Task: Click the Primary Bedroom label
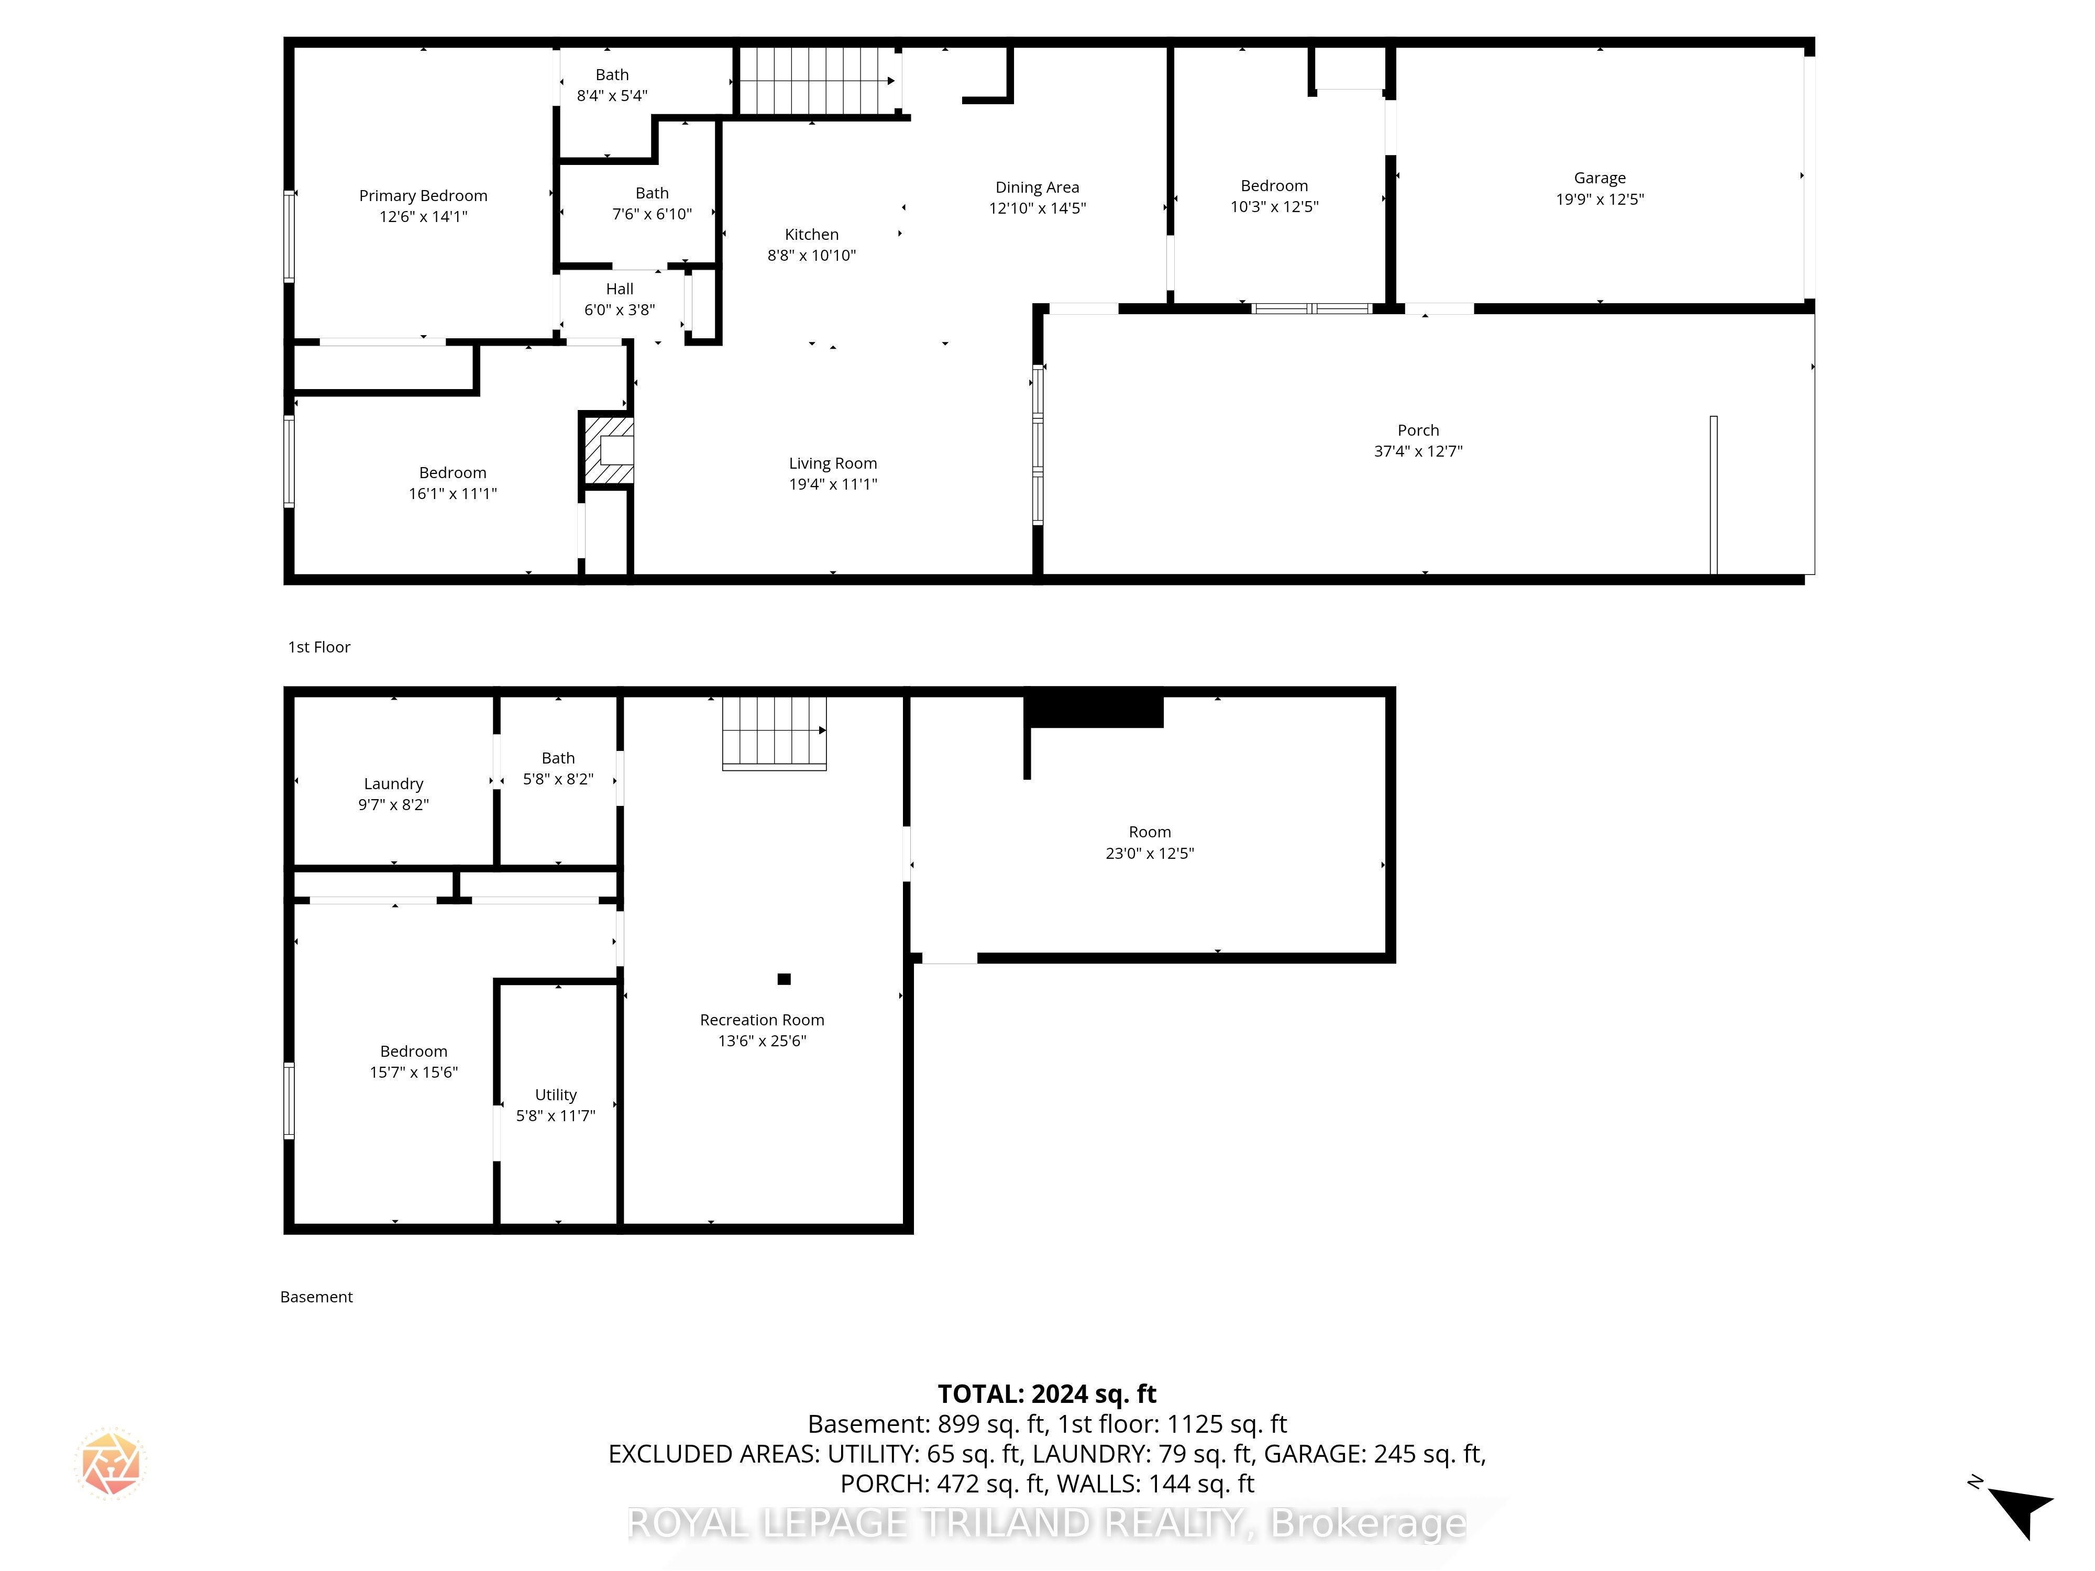(423, 196)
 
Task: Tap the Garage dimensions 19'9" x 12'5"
(1600, 199)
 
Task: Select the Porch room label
(1418, 430)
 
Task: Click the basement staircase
(774, 732)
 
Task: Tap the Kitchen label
(812, 234)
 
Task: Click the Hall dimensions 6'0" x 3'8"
(620, 309)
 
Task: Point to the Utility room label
(556, 1094)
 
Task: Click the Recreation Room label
(763, 1020)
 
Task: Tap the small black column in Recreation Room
(784, 979)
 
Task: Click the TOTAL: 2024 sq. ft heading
(1046, 1394)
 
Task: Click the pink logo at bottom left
(111, 1463)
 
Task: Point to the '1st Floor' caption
(319, 647)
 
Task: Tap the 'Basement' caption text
(316, 1297)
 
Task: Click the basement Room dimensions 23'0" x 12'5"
(1150, 853)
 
